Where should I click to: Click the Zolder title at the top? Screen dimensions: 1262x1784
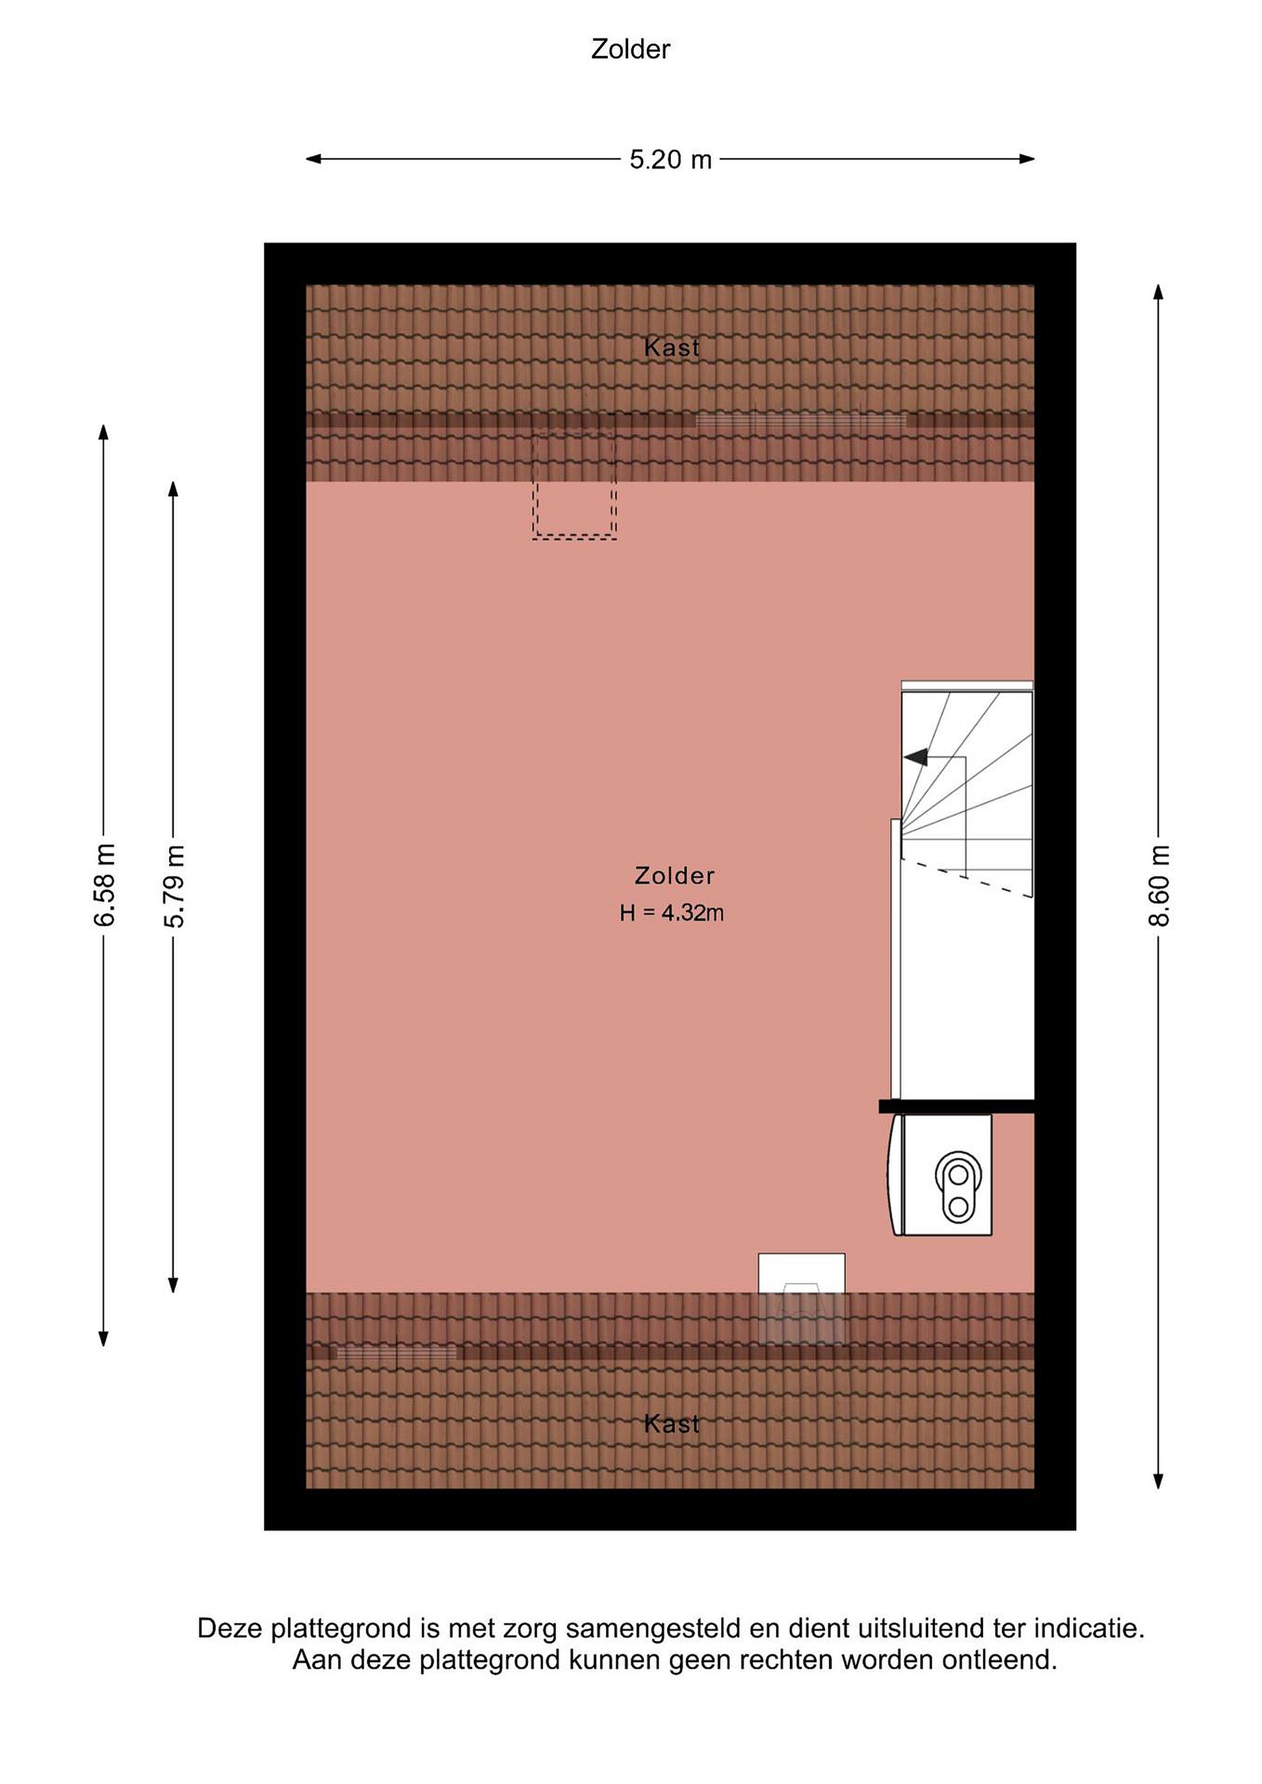coord(630,49)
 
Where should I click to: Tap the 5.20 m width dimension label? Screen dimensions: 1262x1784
coord(670,159)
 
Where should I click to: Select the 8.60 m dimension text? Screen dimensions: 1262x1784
coord(1158,885)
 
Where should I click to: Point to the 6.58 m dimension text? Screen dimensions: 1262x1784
coord(103,885)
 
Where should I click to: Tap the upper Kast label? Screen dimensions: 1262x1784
coord(672,348)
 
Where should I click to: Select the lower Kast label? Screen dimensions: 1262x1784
coord(672,1423)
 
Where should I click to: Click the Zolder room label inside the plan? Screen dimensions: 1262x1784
coord(673,876)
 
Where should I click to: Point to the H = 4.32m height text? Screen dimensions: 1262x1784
coord(672,912)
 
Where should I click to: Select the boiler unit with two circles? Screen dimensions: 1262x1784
coord(942,1175)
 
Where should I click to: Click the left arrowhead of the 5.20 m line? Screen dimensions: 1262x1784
coord(313,159)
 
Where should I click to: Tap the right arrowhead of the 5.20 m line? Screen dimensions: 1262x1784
coord(1027,159)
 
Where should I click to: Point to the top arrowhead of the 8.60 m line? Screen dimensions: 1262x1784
coord(1158,292)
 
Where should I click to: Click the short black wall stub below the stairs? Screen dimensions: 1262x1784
coord(957,1106)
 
